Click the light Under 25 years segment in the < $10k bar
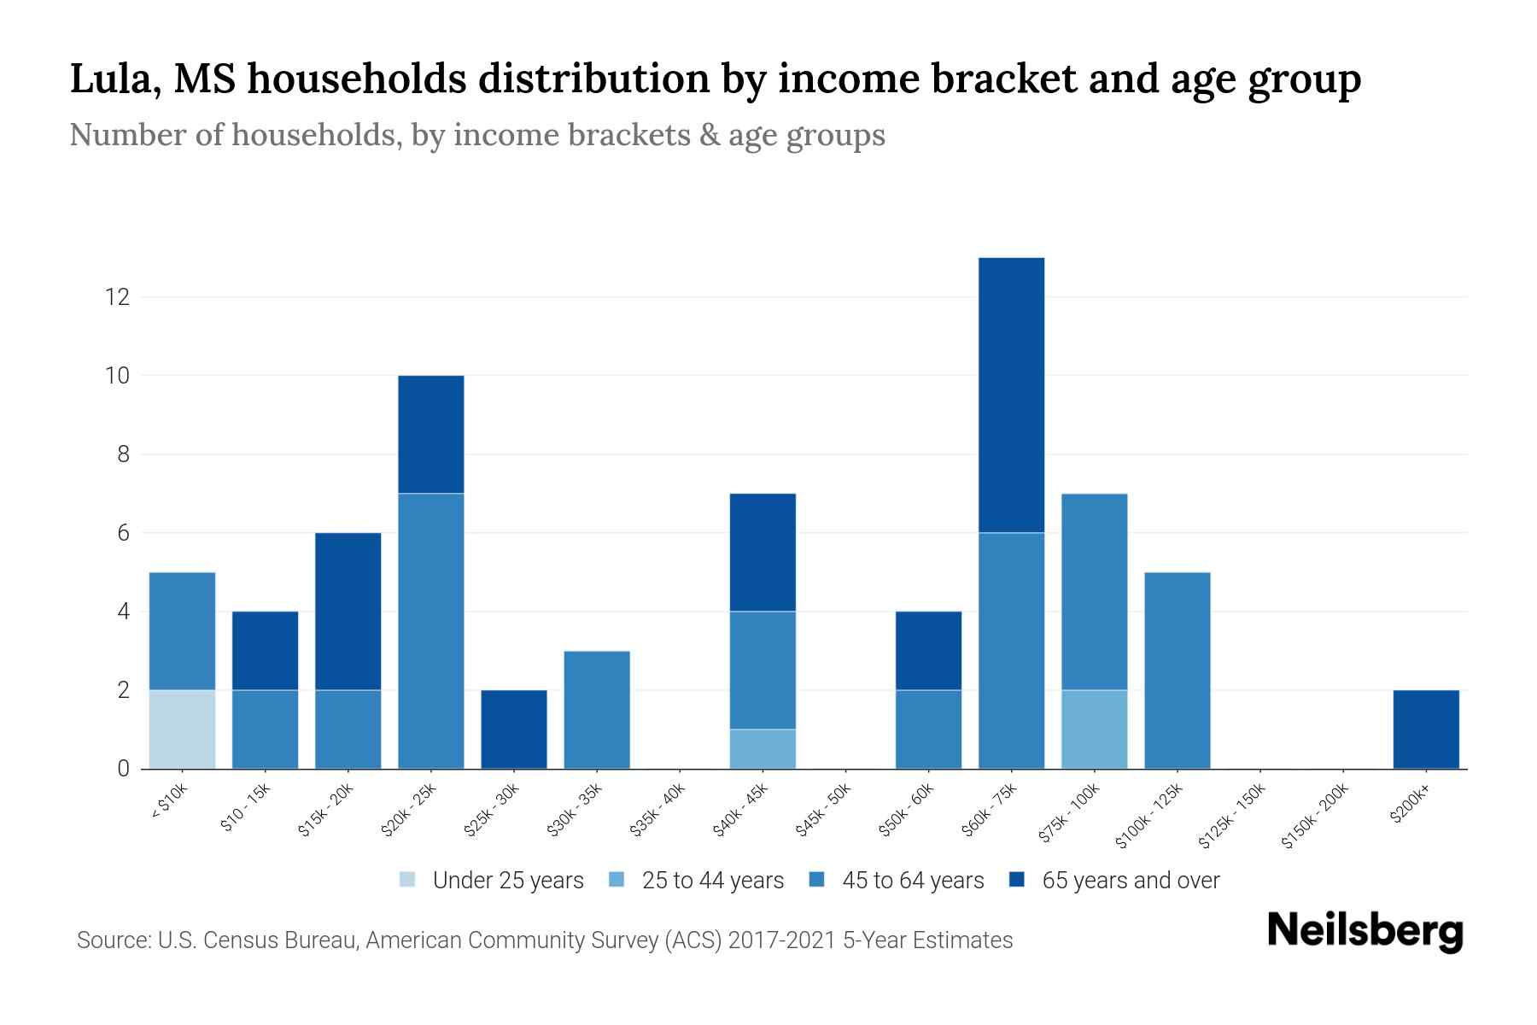pyautogui.click(x=182, y=729)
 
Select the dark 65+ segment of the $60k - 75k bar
pyautogui.click(x=1011, y=395)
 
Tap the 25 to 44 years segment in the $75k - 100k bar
pyautogui.click(x=1094, y=729)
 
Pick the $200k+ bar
pyautogui.click(x=1425, y=729)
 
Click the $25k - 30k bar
pyautogui.click(x=513, y=729)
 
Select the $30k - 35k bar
pyautogui.click(x=597, y=710)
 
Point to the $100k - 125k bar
pyautogui.click(x=1177, y=671)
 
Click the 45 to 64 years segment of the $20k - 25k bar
pyautogui.click(x=430, y=630)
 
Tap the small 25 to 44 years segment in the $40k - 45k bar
pyautogui.click(x=763, y=748)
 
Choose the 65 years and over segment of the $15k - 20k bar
pyautogui.click(x=348, y=611)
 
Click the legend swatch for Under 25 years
pyautogui.click(x=408, y=880)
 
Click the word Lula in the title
pyautogui.click(x=110, y=79)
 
